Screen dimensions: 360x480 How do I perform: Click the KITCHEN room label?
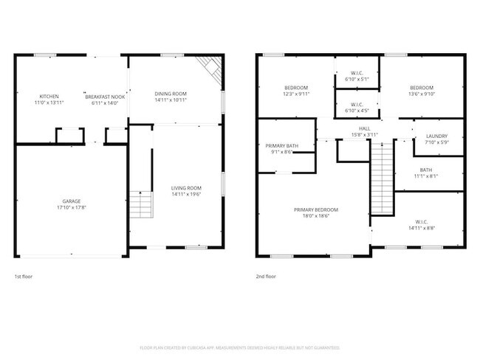[49, 97]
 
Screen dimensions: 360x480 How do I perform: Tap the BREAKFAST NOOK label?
[105, 97]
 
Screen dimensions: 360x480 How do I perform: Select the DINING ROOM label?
[170, 93]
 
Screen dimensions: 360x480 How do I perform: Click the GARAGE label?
[71, 201]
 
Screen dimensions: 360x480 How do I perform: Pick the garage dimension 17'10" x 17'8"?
[71, 207]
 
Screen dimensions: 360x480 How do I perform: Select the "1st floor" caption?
[23, 277]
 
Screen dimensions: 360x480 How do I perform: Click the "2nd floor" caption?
[265, 277]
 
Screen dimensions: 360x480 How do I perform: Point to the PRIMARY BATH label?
[282, 145]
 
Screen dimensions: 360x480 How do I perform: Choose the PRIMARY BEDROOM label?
[316, 210]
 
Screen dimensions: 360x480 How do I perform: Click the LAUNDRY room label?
[439, 136]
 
